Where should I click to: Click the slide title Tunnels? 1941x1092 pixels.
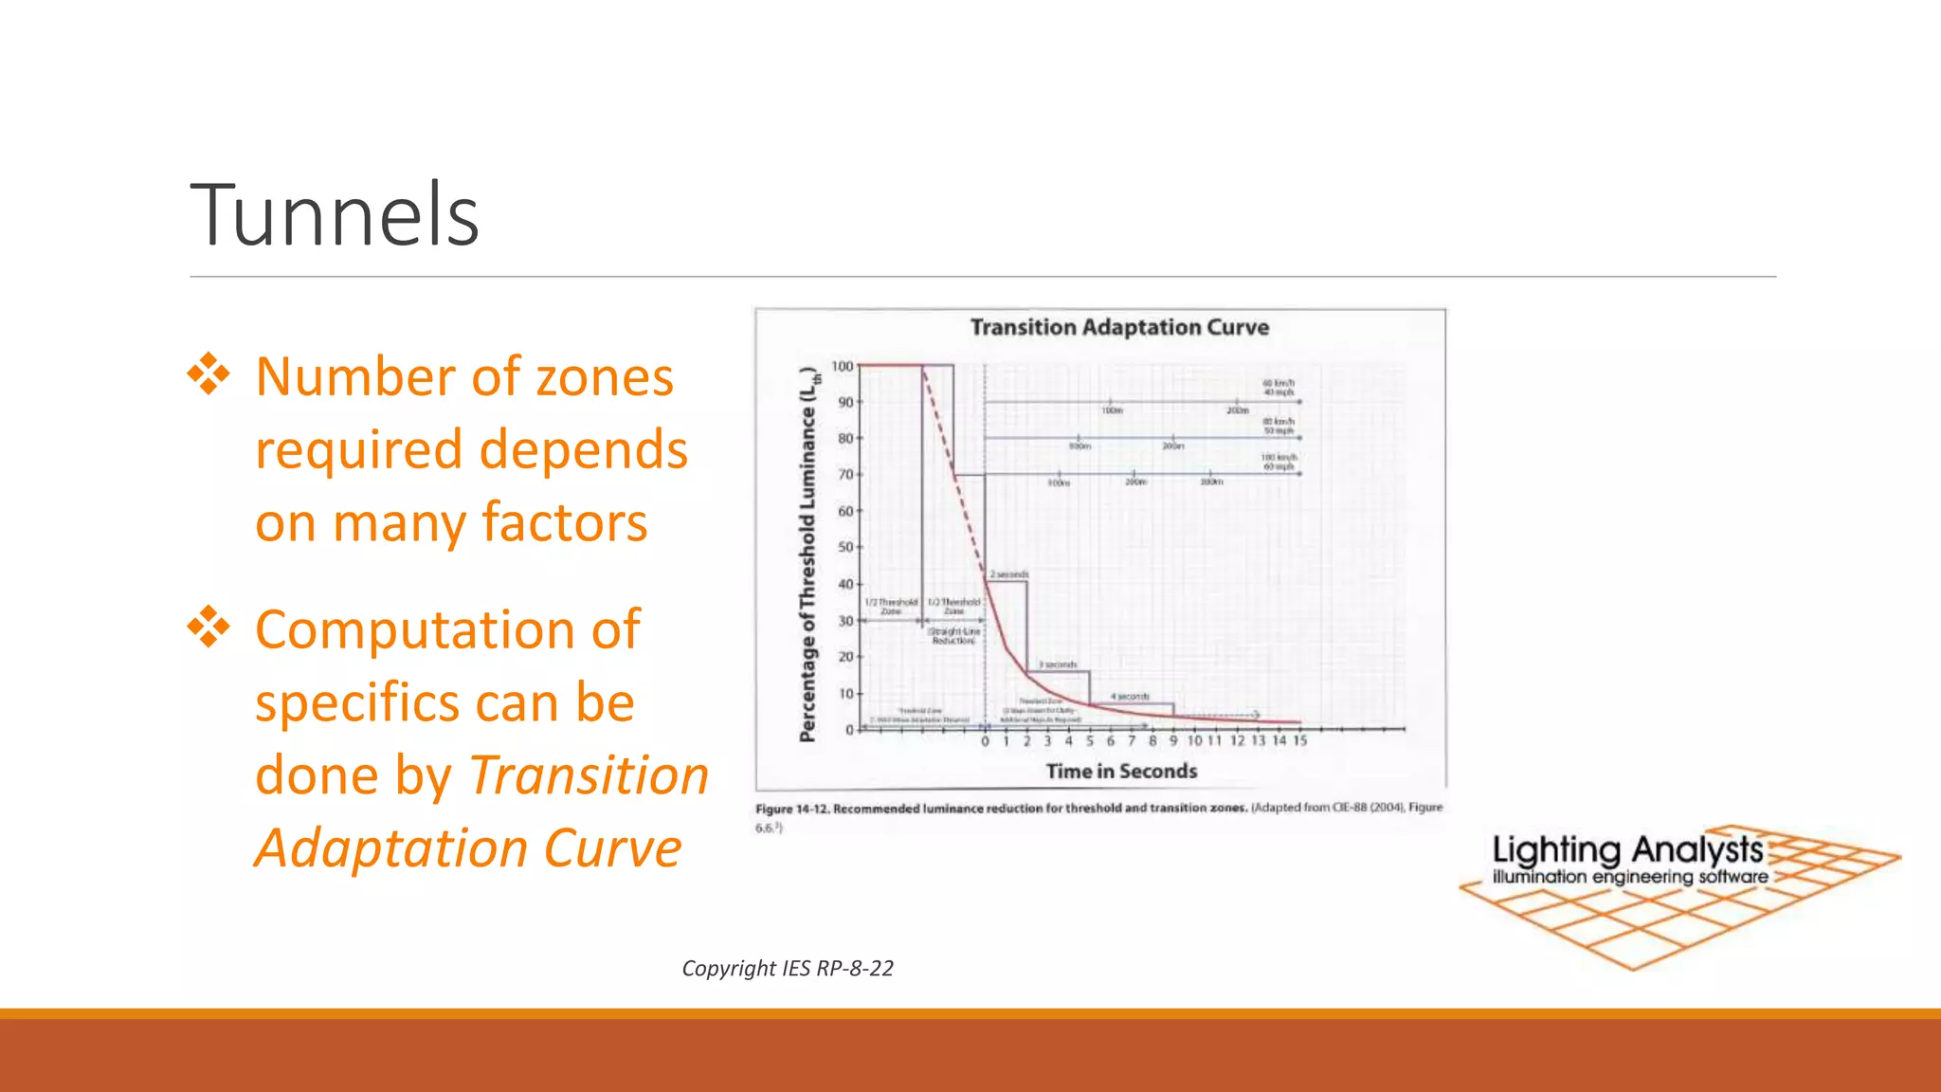(335, 215)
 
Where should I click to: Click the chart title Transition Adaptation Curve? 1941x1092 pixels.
(1118, 327)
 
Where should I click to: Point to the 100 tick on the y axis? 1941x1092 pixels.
(842, 366)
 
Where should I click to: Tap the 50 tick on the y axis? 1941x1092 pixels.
(844, 548)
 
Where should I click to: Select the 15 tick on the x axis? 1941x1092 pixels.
(1299, 740)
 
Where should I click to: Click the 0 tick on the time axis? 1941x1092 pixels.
(985, 741)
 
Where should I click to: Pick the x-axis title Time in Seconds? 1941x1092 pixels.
(1120, 772)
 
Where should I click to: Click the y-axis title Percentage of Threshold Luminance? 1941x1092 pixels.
(807, 555)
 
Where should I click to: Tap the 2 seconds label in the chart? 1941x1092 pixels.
(1008, 574)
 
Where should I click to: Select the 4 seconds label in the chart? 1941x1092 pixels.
(1130, 697)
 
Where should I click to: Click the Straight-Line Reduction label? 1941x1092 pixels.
(953, 635)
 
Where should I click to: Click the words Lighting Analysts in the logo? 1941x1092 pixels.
(1626, 849)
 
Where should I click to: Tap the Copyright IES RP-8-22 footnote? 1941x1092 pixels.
(787, 968)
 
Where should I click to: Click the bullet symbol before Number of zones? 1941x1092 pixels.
(209, 374)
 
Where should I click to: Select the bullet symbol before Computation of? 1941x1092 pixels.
(209, 628)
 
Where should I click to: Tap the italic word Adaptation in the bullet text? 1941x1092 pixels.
(392, 847)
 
